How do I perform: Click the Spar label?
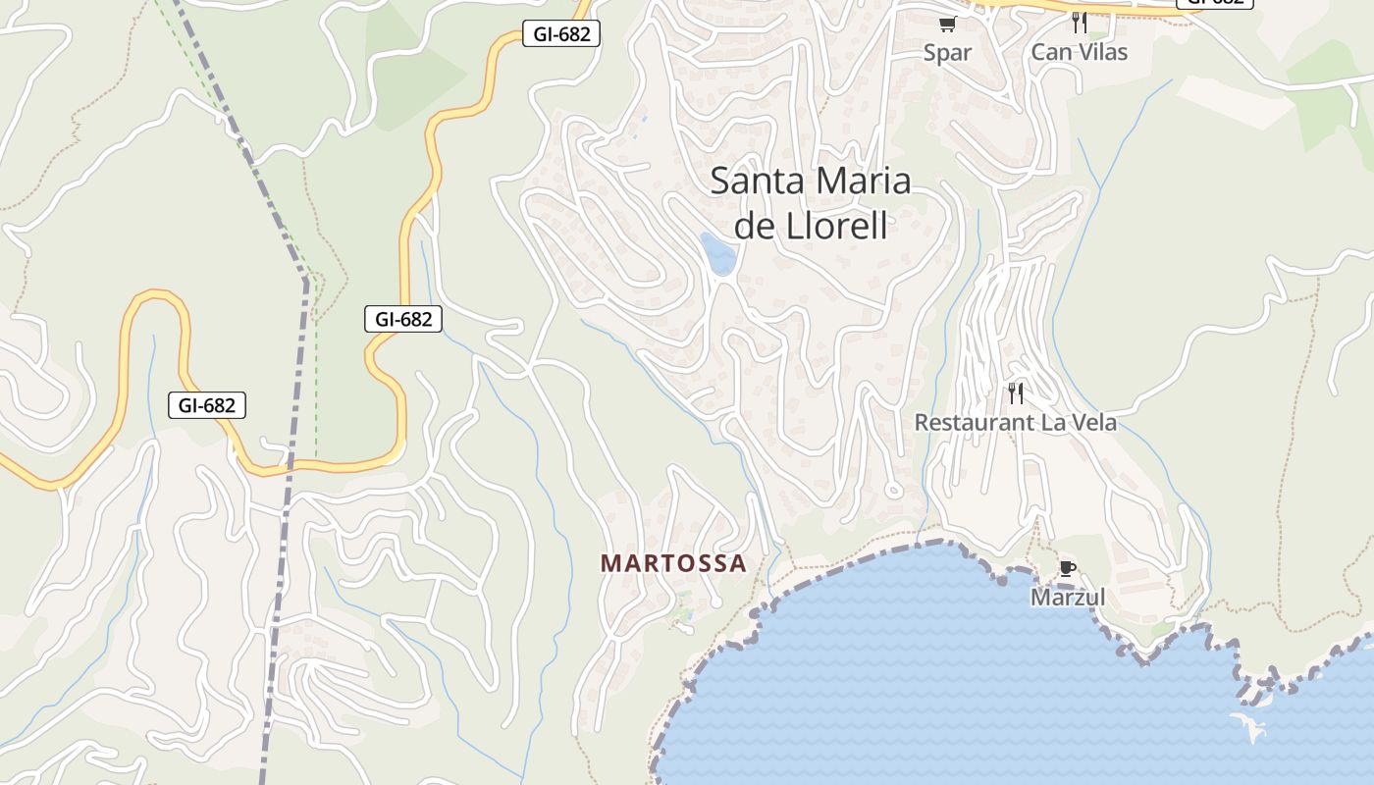(947, 53)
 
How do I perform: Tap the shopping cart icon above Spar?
(947, 24)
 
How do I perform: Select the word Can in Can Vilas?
(1049, 52)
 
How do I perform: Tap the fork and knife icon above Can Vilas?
(1080, 22)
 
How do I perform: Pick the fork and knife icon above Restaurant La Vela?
(1016, 393)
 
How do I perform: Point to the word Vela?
(1093, 423)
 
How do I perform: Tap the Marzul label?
(1068, 597)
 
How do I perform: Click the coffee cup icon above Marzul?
(1067, 568)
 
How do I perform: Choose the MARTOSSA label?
(673, 563)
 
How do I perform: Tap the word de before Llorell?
(755, 226)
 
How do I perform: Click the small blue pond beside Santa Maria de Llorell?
(717, 254)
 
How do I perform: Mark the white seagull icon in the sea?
(1247, 727)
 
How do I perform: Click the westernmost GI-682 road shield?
(207, 405)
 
